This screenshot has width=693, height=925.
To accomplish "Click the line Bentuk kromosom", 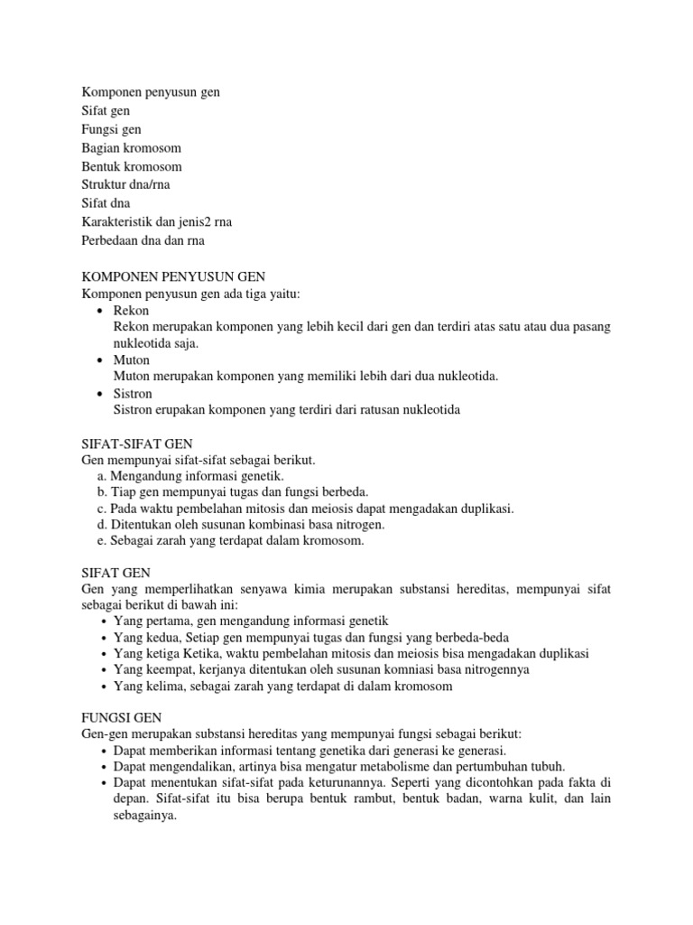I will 132,166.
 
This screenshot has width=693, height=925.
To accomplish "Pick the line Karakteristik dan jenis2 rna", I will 162,221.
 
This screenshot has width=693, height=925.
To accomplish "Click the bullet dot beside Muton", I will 100,360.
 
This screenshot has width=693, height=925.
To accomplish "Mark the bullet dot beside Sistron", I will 100,395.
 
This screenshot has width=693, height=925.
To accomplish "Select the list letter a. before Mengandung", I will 102,475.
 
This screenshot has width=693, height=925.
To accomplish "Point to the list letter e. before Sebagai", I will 102,540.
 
